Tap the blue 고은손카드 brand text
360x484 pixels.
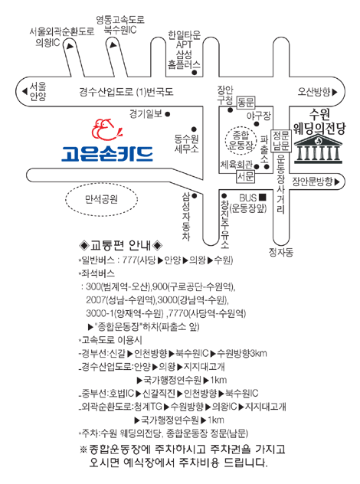click(x=107, y=154)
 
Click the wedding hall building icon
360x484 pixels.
click(x=318, y=149)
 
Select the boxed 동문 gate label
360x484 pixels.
click(x=246, y=102)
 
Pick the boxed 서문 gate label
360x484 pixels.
click(x=246, y=176)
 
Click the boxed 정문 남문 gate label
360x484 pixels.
click(x=281, y=140)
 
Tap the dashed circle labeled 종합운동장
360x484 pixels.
click(x=241, y=141)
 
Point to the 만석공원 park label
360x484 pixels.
click(x=101, y=199)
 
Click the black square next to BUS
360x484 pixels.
click(x=262, y=197)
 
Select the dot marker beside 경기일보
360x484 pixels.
click(x=167, y=114)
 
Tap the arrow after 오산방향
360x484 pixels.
click(x=335, y=92)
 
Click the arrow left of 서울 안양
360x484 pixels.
click(x=25, y=91)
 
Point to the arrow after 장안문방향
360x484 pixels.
click(x=337, y=182)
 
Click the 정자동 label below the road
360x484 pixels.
click(x=281, y=253)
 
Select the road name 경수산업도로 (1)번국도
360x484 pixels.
click(x=126, y=92)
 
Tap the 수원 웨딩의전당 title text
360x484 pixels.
click(x=319, y=122)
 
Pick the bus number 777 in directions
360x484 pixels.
click(x=129, y=260)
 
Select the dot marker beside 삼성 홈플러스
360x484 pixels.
click(x=195, y=73)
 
